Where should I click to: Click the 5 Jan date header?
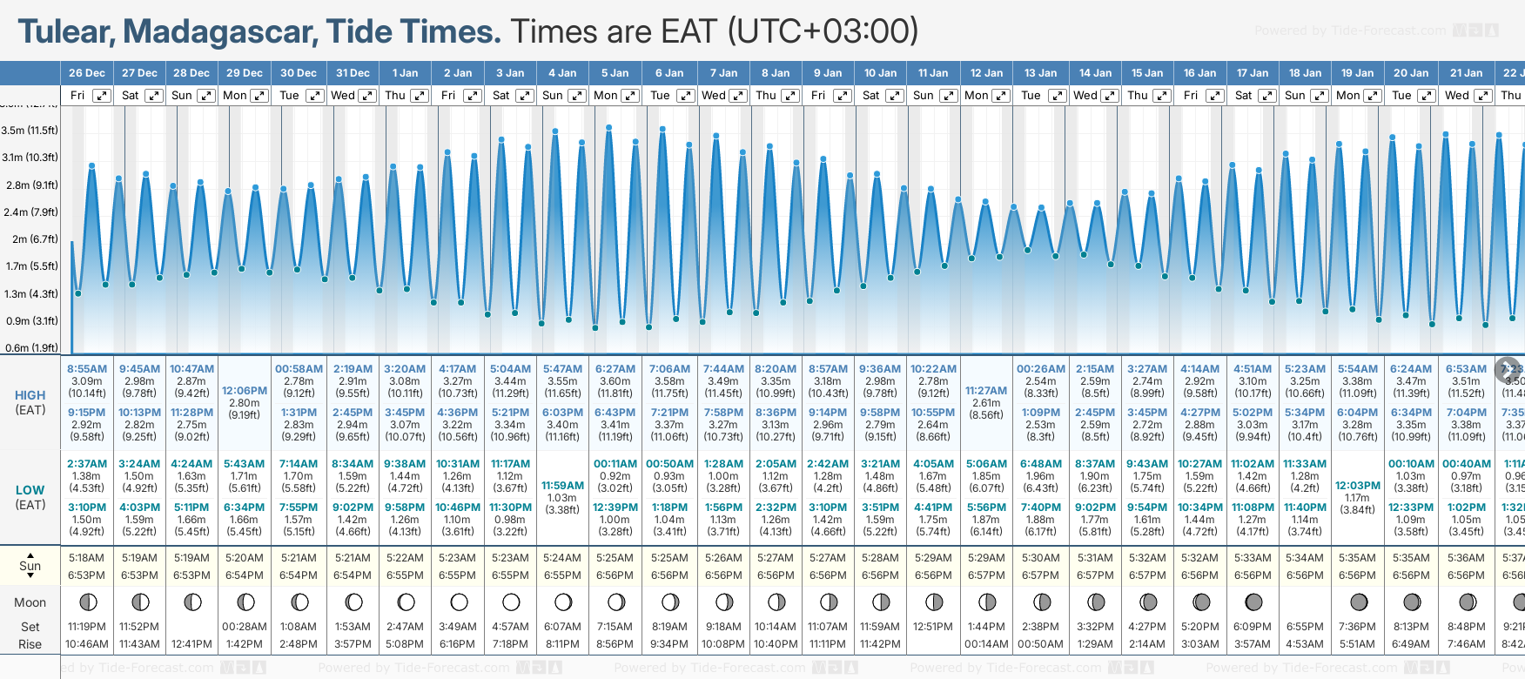[x=615, y=73]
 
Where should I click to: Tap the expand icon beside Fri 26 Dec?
[x=102, y=96]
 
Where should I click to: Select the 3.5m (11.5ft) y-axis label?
[x=30, y=131]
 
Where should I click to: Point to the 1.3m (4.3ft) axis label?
[x=30, y=294]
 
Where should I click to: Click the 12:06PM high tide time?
[x=245, y=391]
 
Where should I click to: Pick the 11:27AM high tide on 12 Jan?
[x=986, y=391]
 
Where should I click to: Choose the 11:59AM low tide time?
[x=562, y=486]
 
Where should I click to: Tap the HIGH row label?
[x=30, y=395]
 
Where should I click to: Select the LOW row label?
[x=30, y=490]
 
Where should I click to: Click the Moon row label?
[x=30, y=602]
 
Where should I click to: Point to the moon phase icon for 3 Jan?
[x=511, y=602]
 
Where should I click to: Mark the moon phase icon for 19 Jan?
[x=1358, y=602]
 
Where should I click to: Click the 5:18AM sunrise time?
[x=87, y=558]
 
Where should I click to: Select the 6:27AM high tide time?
[x=615, y=369]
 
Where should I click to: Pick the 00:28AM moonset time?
[x=245, y=627]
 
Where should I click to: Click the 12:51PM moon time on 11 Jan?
[x=933, y=627]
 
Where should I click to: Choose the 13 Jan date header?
[x=1040, y=73]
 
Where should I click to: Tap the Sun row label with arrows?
[x=30, y=566]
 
